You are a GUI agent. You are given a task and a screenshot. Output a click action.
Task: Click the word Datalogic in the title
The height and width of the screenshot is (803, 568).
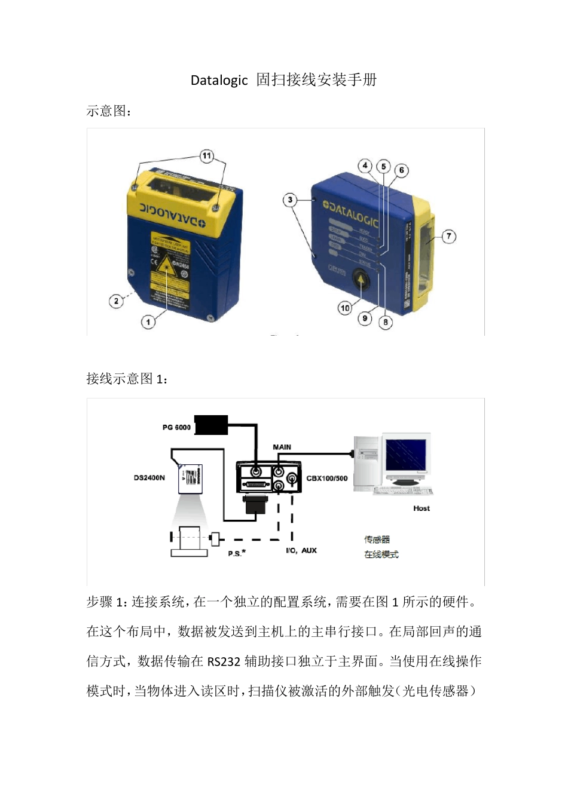click(x=219, y=80)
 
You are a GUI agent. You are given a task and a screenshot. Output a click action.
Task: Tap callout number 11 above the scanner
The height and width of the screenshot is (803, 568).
click(x=206, y=156)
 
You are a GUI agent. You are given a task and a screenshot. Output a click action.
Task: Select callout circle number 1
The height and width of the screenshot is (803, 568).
click(x=148, y=322)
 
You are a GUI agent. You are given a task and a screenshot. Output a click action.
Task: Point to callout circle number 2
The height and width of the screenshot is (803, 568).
click(x=116, y=301)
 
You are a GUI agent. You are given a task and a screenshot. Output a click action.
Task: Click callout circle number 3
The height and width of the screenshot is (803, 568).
click(x=290, y=200)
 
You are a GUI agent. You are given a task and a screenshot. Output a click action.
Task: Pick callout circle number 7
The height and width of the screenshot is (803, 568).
click(x=448, y=236)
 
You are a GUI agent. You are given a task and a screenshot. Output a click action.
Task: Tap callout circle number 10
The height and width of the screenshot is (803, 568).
click(x=345, y=308)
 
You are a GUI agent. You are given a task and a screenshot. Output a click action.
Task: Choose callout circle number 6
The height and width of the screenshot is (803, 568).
click(x=401, y=170)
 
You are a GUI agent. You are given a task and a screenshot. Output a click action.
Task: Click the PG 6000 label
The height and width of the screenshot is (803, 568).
click(x=176, y=427)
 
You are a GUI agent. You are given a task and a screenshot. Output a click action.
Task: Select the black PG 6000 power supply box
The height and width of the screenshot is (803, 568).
click(x=211, y=425)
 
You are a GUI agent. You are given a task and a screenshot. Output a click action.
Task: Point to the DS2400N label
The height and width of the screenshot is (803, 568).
click(x=149, y=478)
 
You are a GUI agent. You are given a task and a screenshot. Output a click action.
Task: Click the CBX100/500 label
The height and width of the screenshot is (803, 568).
click(x=326, y=478)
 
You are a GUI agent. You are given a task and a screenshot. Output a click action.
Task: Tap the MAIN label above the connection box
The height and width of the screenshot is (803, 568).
click(x=282, y=447)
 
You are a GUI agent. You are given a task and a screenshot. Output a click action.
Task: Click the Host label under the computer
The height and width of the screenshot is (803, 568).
click(x=421, y=508)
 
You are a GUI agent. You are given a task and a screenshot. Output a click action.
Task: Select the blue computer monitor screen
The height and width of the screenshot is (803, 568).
click(x=406, y=455)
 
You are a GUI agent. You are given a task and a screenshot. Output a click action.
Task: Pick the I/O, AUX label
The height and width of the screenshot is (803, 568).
click(x=301, y=550)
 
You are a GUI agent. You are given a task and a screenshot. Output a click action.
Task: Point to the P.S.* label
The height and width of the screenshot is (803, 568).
click(x=236, y=553)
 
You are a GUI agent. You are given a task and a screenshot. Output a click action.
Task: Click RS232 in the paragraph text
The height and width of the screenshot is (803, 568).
click(x=224, y=661)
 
